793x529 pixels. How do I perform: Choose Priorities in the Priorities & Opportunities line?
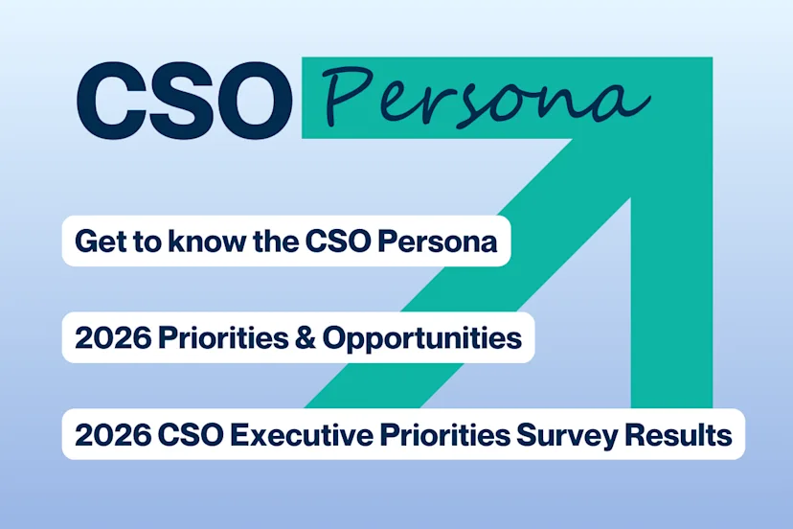(x=205, y=338)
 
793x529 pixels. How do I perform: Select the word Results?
(x=679, y=435)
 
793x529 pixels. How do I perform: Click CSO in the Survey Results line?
(x=181, y=435)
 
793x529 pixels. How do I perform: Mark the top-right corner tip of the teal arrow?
(x=710, y=60)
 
